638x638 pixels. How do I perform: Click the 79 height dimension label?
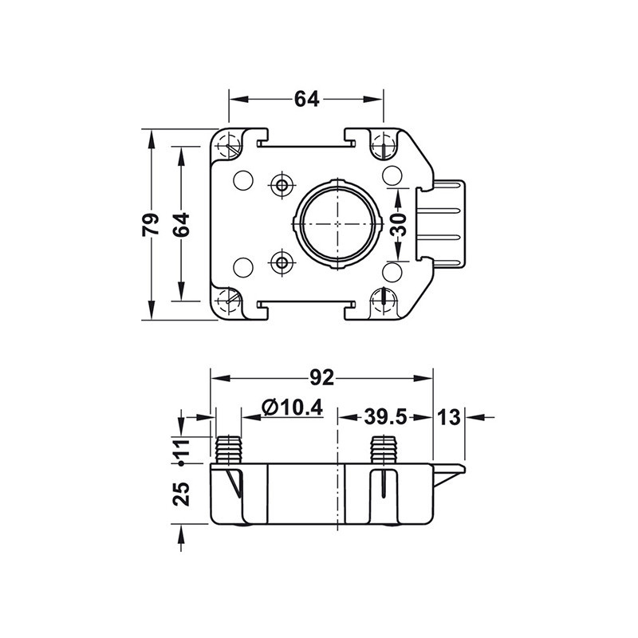(x=151, y=224)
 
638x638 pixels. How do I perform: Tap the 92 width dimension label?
(x=322, y=378)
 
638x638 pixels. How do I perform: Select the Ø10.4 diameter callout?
(x=293, y=408)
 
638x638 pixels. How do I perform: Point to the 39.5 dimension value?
(x=385, y=417)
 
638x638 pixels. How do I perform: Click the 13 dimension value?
(x=448, y=417)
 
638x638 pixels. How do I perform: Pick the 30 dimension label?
(x=398, y=224)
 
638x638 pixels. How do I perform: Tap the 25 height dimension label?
(x=182, y=494)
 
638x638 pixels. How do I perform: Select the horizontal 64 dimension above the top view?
(x=307, y=99)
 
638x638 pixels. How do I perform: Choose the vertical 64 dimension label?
(x=181, y=224)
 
